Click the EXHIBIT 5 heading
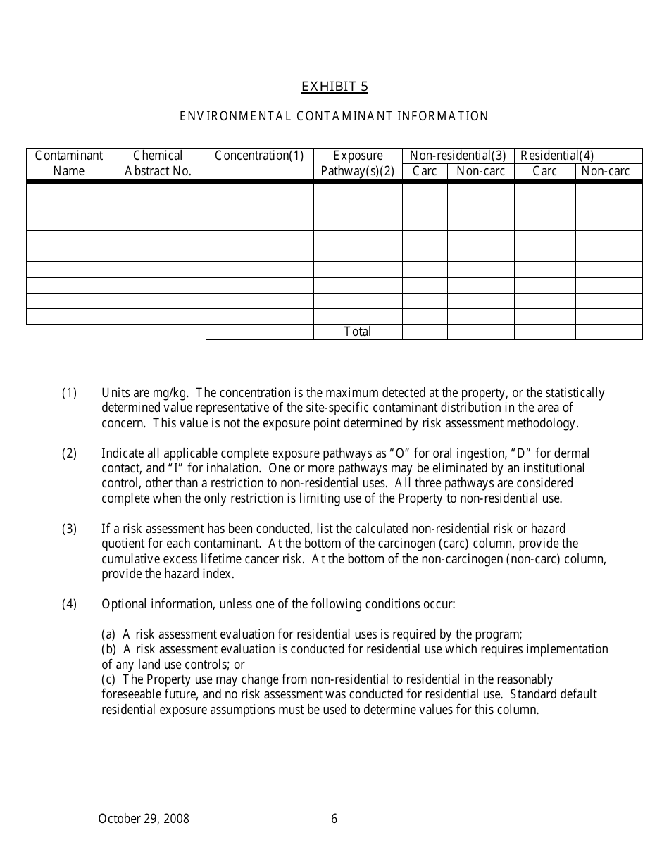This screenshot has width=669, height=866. point(334,87)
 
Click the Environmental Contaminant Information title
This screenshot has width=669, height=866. point(334,116)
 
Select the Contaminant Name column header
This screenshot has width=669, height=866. point(69,163)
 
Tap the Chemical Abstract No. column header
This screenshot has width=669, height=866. point(158,163)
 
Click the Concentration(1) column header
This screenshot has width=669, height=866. point(259,156)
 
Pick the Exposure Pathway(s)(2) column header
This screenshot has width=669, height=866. point(358,163)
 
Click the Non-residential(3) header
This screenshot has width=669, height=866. point(458,156)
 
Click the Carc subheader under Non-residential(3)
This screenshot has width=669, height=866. point(425,171)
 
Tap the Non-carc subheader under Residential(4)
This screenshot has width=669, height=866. point(606,171)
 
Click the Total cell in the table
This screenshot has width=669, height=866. point(358,332)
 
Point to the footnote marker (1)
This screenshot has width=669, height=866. point(69,393)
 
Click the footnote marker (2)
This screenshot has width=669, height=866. point(69,453)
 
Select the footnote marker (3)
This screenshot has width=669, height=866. point(69,529)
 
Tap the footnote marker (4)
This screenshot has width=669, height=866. point(69,604)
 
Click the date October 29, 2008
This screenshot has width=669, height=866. point(144,819)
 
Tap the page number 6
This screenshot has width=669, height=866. point(334,819)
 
